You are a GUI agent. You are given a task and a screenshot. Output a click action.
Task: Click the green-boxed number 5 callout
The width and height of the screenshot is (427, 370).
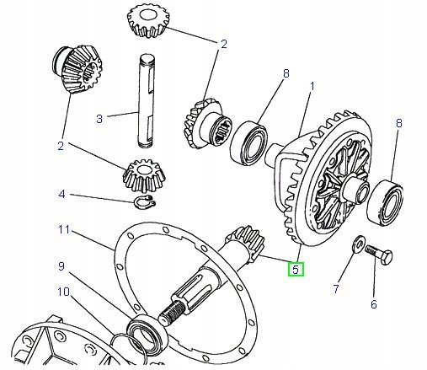click(x=296, y=269)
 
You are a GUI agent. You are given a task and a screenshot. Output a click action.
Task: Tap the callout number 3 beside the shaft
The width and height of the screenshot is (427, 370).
click(x=99, y=119)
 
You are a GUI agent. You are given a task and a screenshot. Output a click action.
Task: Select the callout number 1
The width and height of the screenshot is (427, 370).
click(x=312, y=86)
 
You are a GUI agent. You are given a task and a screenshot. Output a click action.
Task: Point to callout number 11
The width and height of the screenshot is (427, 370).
click(x=64, y=229)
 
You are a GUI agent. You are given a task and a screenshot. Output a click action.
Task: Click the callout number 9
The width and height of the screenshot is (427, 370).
click(x=61, y=266)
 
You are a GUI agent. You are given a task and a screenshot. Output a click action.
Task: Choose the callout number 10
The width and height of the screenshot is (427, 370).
click(x=63, y=292)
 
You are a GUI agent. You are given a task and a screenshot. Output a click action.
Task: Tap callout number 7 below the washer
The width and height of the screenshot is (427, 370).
click(x=336, y=288)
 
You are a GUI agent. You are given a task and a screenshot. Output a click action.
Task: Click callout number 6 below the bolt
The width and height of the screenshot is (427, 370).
click(x=374, y=304)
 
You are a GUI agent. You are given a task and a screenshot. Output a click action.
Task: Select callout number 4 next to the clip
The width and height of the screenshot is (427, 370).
click(x=61, y=194)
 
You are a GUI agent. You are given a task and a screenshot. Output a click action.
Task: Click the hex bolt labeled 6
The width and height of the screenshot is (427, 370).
click(x=379, y=255)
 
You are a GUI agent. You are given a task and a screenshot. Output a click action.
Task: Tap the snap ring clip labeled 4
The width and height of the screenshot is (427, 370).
click(x=144, y=201)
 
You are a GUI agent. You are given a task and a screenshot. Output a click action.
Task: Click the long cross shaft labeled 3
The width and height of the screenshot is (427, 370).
click(x=147, y=100)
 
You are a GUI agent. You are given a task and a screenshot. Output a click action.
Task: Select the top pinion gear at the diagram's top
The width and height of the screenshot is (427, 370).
click(x=148, y=22)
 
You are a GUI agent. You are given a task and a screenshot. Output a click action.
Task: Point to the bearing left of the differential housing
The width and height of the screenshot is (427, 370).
click(x=248, y=142)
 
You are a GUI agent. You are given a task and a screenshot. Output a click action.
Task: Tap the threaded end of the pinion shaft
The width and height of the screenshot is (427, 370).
click(x=172, y=312)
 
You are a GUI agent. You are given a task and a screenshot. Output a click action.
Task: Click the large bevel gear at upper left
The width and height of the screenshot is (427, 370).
click(x=77, y=69)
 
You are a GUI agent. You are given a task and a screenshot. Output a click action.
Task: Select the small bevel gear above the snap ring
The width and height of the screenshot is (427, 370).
click(x=144, y=175)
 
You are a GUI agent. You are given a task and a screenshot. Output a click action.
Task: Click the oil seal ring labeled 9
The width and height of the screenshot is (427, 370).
click(x=147, y=333)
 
